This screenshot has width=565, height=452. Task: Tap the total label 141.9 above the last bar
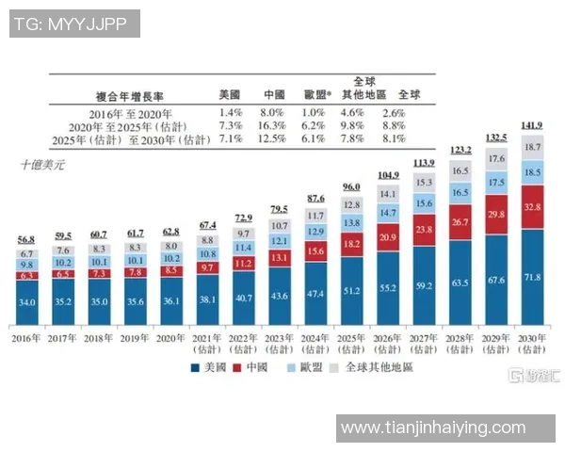532,126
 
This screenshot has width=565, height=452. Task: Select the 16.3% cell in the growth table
274,125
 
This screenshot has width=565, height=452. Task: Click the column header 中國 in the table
274,94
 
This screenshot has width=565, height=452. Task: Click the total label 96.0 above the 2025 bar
352,186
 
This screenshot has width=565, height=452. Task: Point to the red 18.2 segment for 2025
352,244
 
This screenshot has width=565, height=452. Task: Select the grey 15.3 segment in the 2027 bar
424,183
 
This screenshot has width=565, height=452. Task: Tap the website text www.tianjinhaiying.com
432,428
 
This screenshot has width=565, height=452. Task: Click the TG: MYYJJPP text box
73,24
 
